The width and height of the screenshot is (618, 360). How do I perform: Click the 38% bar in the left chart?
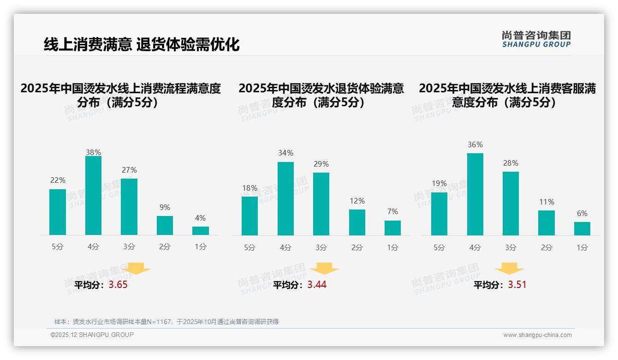tap(93, 196)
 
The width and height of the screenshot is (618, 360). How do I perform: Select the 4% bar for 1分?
tap(201, 231)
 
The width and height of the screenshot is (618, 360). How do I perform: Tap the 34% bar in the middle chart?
tap(285, 198)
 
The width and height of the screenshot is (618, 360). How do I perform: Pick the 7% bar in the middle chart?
tap(392, 228)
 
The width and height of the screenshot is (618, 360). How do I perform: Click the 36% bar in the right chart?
tap(475, 194)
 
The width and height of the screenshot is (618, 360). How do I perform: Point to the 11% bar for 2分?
tap(547, 223)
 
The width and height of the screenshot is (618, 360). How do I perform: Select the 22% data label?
tap(58, 180)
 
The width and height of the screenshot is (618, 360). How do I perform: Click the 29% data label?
tap(321, 164)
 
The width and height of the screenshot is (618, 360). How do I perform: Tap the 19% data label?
tap(439, 184)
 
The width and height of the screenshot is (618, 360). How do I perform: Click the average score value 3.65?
tap(118, 285)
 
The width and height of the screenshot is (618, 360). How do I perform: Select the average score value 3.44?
tap(317, 285)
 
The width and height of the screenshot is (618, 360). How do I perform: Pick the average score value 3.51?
tap(517, 285)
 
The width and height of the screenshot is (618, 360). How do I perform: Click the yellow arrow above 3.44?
tap(325, 269)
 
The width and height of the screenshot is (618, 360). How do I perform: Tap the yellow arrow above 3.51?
tap(509, 269)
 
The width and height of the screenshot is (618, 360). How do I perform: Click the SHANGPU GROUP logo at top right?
tap(536, 39)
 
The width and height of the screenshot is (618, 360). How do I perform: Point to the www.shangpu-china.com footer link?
tap(537, 335)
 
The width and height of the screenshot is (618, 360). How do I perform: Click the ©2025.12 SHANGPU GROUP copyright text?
tap(92, 335)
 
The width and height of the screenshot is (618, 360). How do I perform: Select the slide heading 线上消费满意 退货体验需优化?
tap(142, 44)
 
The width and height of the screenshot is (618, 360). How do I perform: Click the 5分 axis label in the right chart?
tap(439, 248)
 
